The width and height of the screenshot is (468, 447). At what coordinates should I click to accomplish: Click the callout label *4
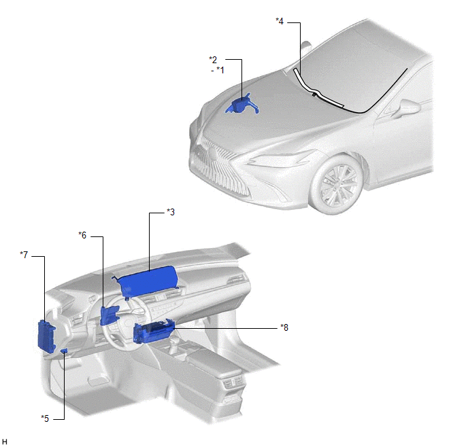(280, 21)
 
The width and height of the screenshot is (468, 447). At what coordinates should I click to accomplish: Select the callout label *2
(213, 60)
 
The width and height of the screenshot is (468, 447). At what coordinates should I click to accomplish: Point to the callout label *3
(171, 212)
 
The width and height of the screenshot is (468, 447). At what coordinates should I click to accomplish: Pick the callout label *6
(82, 235)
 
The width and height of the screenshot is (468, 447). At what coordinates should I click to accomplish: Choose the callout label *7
(24, 255)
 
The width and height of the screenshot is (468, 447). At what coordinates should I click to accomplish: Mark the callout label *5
(45, 418)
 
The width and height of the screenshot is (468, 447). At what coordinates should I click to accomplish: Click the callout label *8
(284, 327)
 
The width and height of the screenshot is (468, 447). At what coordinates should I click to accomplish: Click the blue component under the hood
(242, 105)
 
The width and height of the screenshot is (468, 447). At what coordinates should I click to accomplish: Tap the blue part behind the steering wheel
(110, 315)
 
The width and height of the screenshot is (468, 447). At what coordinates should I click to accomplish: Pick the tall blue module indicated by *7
(46, 336)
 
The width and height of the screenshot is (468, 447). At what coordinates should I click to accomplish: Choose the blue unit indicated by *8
(154, 332)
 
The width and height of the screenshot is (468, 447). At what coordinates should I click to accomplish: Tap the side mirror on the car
(407, 108)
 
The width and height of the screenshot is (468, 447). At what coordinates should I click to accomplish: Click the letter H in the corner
(5, 442)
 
